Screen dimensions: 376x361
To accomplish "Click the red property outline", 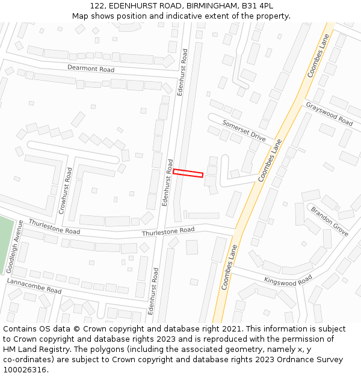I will coord(188,173).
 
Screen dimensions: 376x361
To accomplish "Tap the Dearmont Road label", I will coord(90,69).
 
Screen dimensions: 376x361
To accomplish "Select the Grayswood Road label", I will coord(329,114).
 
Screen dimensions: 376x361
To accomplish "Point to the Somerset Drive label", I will coord(244,131).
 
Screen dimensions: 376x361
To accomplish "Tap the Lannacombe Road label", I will coord(34,286).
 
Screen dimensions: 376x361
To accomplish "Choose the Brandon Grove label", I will coord(329,221).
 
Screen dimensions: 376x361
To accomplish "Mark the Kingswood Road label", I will coord(288,280).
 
